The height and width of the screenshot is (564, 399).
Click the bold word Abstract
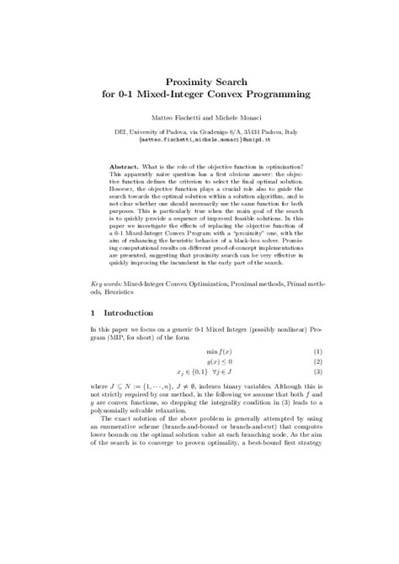click(x=125, y=167)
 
